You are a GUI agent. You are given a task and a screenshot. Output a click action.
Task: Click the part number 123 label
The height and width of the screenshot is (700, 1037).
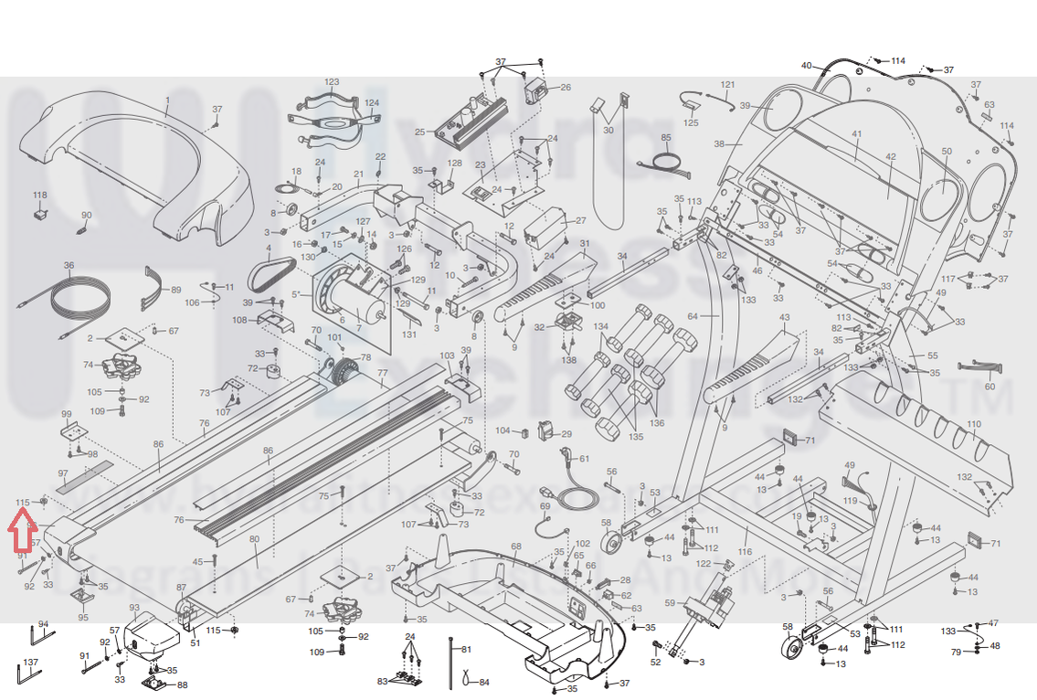pos(332,82)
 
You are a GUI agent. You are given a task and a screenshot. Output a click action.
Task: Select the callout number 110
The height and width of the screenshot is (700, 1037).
pos(974,424)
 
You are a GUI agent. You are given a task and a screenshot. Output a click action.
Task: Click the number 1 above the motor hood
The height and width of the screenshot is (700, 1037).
pos(167,100)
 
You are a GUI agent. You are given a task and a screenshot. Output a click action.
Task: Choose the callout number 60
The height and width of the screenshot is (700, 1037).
pos(989,386)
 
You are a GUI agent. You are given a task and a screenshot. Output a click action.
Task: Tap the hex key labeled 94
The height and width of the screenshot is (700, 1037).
pos(41,637)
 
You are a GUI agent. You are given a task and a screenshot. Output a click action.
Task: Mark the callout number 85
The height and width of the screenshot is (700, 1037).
pos(666,138)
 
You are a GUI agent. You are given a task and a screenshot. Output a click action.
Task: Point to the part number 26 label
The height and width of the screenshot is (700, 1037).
pos(566,88)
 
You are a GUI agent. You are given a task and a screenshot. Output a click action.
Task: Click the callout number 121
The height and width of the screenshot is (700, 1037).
pos(727,85)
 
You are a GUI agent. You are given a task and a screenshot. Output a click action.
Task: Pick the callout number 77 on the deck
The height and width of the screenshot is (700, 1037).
pos(383,373)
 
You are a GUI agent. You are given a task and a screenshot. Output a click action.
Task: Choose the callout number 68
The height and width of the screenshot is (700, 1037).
pos(516,546)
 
